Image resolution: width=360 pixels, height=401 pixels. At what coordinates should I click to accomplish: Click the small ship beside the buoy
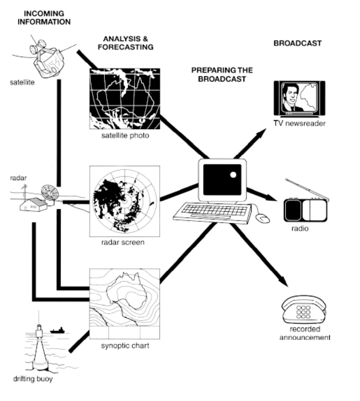[57, 330]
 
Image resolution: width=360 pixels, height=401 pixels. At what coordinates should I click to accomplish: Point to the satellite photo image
[125, 99]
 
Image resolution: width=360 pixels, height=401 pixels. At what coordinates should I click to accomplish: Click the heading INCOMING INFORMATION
[47, 17]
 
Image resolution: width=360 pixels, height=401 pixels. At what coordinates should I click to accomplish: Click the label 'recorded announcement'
[305, 333]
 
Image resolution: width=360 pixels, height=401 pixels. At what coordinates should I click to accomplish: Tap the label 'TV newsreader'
[300, 123]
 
